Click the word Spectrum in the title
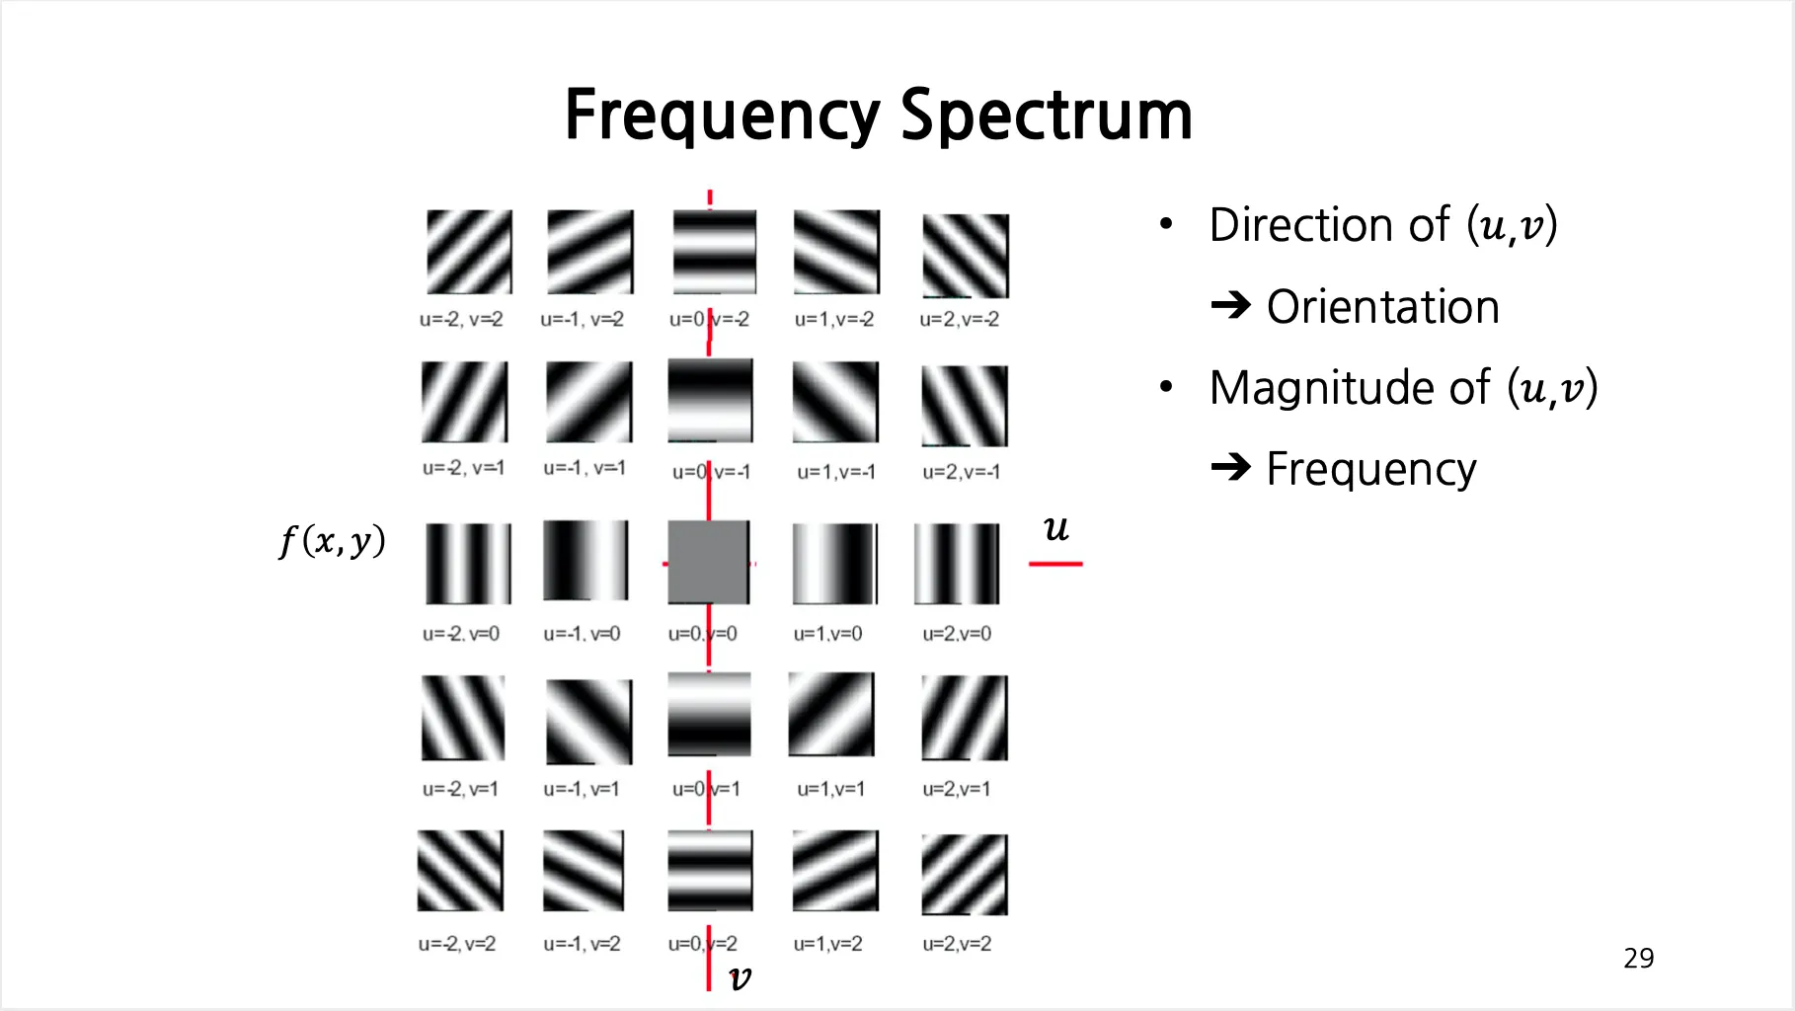coord(1047,116)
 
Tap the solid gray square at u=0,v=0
coord(708,562)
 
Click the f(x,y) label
coord(332,541)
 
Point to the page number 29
coord(1638,958)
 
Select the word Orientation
coord(1382,307)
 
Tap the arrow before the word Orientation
coord(1230,305)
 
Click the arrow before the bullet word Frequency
coord(1230,466)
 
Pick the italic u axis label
coord(1055,528)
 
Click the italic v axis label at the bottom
coord(740,977)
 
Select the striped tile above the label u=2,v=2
coord(964,875)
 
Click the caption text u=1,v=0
coord(827,634)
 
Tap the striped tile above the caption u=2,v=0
coord(957,563)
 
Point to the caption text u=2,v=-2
coord(959,320)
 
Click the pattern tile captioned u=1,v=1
coord(831,715)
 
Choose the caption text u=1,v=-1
coord(835,473)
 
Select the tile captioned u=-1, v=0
coord(585,561)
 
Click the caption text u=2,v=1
coord(956,789)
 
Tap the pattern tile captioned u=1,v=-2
coord(835,252)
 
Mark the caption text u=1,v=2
coord(827,944)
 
